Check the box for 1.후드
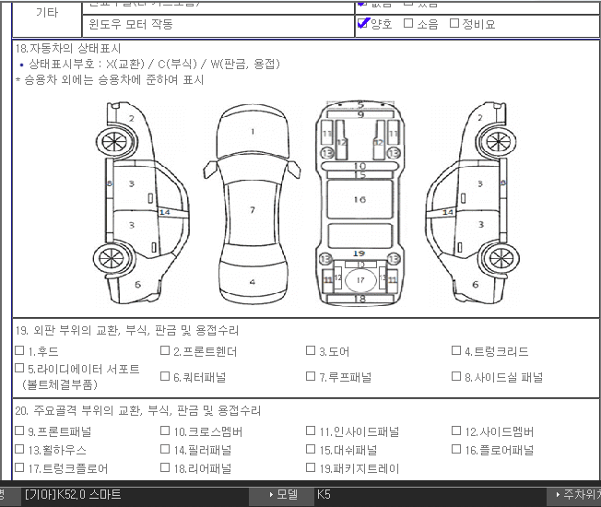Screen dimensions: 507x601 (19, 351)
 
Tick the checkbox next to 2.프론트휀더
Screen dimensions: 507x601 (165, 351)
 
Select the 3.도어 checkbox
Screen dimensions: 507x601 (312, 351)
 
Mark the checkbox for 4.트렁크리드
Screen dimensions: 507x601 (456, 351)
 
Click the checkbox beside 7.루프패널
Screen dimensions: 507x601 (312, 376)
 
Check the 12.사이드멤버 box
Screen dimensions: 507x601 (456, 431)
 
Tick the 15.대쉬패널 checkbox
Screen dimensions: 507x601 (312, 450)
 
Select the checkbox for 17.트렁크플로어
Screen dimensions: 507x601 (19, 468)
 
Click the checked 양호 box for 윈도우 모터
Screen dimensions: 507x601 (362, 24)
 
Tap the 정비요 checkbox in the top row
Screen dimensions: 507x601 (454, 24)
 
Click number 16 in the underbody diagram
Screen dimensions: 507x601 (359, 199)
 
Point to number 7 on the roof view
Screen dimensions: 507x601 (252, 210)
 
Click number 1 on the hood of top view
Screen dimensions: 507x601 (252, 132)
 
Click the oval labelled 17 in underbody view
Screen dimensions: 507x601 (360, 279)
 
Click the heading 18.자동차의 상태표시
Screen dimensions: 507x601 (68, 48)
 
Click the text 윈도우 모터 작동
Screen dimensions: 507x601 (130, 24)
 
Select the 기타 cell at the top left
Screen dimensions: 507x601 (46, 13)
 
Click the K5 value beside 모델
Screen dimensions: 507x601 (324, 495)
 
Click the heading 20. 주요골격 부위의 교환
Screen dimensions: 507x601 (137, 410)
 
